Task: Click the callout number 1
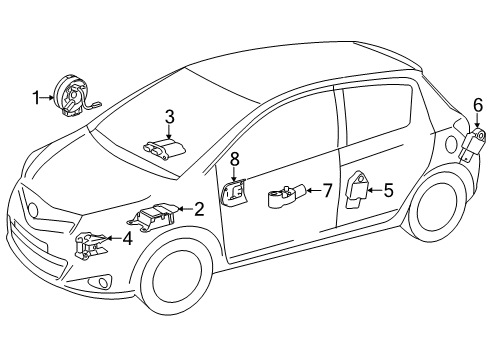(36, 97)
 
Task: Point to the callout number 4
(127, 238)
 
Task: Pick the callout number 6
(477, 104)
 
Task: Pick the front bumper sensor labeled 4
(93, 244)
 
